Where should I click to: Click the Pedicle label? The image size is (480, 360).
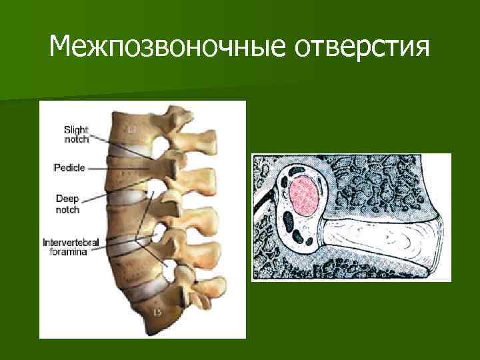pos(69,169)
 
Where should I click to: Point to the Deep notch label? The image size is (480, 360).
pos(67,204)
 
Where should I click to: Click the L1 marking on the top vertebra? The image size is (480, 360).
pos(133,126)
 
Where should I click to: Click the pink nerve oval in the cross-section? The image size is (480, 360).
pos(305,193)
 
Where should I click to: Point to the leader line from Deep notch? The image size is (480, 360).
pos(120,200)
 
